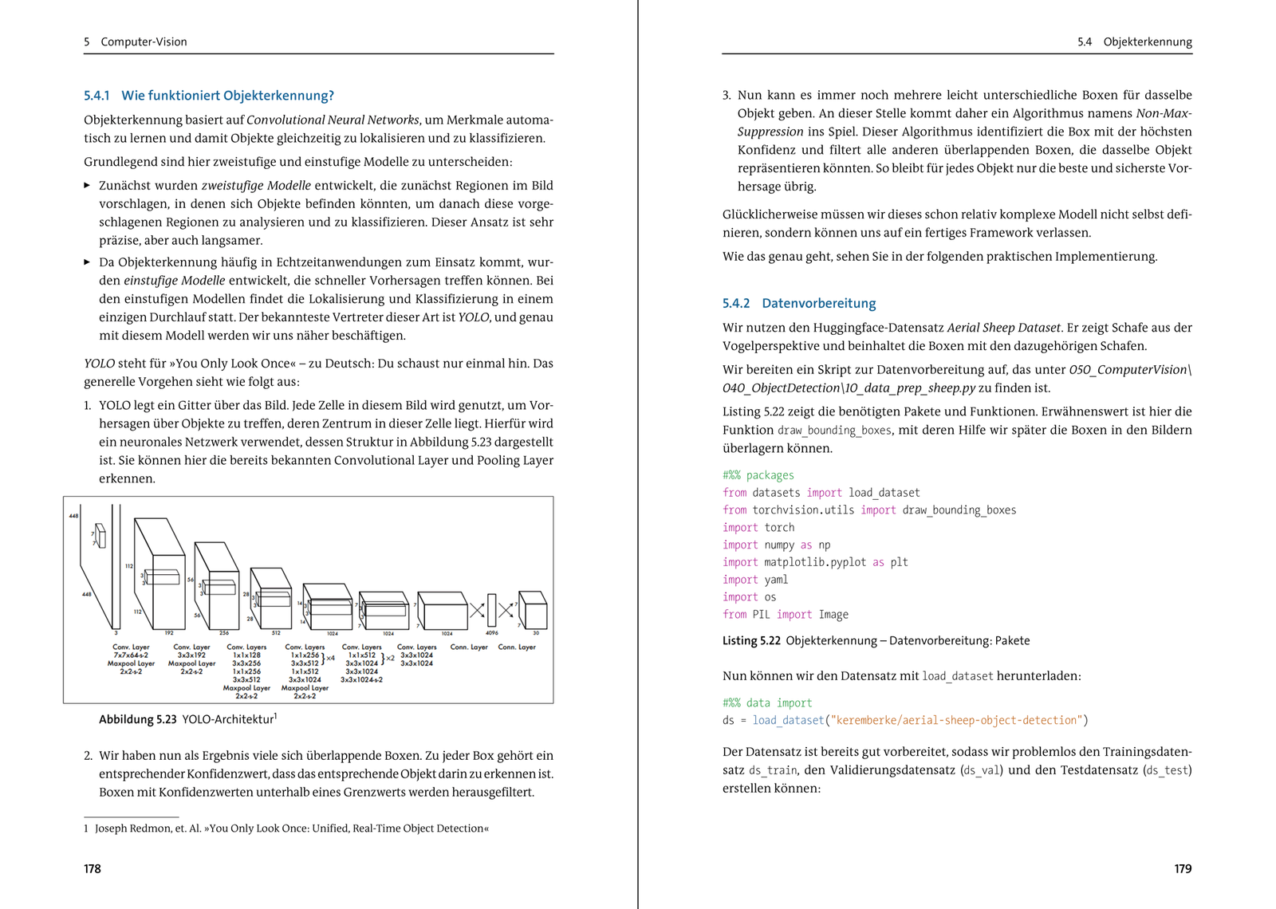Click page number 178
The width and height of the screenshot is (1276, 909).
coord(93,868)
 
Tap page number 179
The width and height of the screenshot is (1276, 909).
coord(1183,868)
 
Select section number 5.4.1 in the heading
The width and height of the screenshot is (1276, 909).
coord(96,96)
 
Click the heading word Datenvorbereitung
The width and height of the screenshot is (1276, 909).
coord(818,303)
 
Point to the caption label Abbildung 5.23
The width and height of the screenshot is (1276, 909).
coord(137,719)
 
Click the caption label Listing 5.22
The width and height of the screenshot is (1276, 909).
coord(750,640)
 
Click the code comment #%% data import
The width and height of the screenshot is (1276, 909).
coord(766,702)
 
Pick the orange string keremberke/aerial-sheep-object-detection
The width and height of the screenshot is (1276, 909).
coord(956,720)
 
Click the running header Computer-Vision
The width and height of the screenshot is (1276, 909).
coord(144,41)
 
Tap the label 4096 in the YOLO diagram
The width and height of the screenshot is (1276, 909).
coord(492,633)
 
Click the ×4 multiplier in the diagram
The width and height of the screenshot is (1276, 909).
coord(330,659)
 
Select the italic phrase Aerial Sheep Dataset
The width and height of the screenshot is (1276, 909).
coord(1003,328)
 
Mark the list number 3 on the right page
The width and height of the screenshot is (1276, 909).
coord(726,96)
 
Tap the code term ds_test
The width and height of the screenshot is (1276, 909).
coord(1167,770)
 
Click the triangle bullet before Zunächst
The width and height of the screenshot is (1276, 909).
coord(87,186)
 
